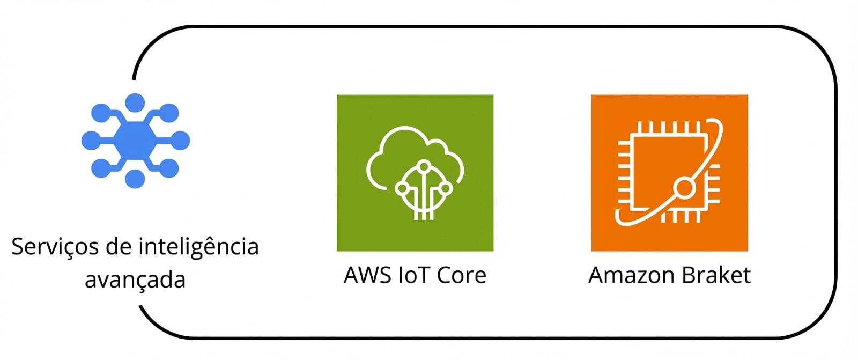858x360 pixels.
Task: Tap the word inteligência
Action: [x=198, y=247]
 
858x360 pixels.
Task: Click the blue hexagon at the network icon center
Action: [x=135, y=141]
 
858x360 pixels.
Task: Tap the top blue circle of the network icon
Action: [x=135, y=103]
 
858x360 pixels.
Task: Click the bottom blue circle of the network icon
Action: [x=135, y=179]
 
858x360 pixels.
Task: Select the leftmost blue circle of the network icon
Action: [x=91, y=141]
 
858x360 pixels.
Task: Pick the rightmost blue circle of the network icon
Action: [x=180, y=141]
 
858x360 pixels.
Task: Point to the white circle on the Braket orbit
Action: [x=684, y=188]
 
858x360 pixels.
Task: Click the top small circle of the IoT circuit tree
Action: [x=424, y=166]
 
